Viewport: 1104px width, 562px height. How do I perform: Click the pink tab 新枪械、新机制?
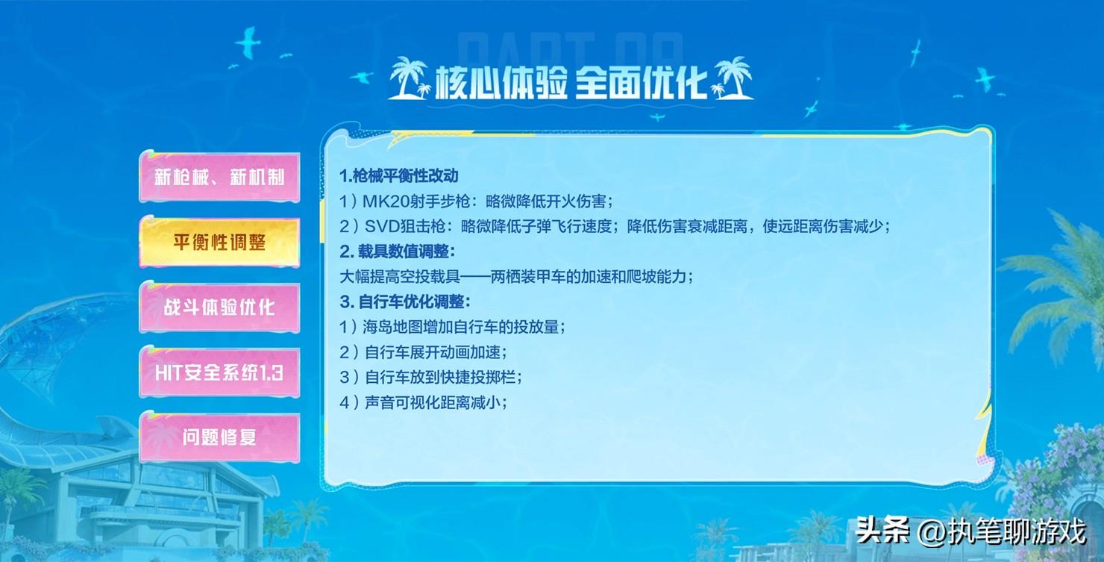pyautogui.click(x=219, y=177)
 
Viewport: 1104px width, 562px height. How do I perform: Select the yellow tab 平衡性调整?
pyautogui.click(x=219, y=242)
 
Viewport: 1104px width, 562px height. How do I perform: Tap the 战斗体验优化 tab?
pyautogui.click(x=219, y=307)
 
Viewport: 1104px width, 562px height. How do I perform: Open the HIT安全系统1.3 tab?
pyautogui.click(x=219, y=372)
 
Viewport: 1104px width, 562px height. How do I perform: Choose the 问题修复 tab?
pyautogui.click(x=219, y=437)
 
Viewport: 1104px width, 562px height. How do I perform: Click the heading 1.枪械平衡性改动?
pyautogui.click(x=399, y=176)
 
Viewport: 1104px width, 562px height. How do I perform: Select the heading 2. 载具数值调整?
pyautogui.click(x=397, y=252)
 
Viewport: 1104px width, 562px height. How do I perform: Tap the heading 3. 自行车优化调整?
pyautogui.click(x=404, y=302)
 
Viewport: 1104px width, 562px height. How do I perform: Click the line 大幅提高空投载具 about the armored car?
pyautogui.click(x=516, y=277)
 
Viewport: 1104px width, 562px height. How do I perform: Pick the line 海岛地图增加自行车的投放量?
pyautogui.click(x=452, y=327)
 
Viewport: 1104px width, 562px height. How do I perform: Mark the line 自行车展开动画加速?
pyautogui.click(x=423, y=352)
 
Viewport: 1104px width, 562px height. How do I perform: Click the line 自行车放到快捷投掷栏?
pyautogui.click(x=430, y=377)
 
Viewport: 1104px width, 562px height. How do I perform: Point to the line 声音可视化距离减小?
pyautogui.click(x=423, y=402)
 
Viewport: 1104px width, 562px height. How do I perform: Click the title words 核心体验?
pyautogui.click(x=501, y=82)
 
